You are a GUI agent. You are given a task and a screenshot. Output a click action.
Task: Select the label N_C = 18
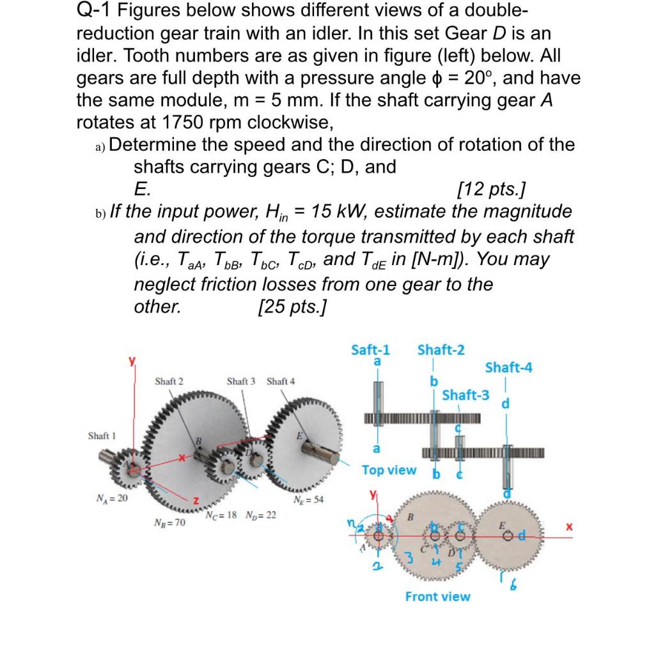point(222,515)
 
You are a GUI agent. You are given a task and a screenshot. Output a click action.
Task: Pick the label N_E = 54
point(308,500)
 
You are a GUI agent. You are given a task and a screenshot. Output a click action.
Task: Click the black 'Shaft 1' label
point(102,436)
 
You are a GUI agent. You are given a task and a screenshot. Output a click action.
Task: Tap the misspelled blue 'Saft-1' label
point(371,349)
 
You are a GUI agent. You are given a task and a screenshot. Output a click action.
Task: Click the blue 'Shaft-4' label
point(508,367)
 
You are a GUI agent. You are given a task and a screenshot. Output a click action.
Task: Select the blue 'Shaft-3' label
point(466,395)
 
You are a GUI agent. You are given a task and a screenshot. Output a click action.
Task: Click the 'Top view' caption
point(389,470)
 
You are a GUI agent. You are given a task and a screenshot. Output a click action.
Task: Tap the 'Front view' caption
point(437,597)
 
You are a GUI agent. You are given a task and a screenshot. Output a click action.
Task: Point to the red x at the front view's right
point(566,528)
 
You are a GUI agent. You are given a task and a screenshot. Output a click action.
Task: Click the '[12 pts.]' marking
point(492,190)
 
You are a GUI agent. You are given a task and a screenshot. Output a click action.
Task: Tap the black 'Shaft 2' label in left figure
point(169,381)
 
